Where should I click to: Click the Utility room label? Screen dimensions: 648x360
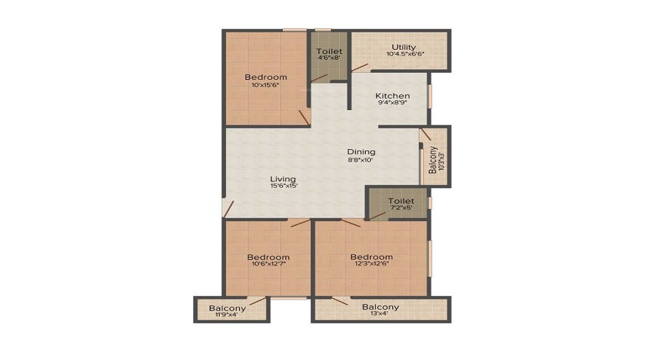pos(404,47)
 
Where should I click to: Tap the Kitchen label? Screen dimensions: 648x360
pos(392,96)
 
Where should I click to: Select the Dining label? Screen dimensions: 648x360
pos(361,152)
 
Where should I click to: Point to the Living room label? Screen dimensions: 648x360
pos(283,179)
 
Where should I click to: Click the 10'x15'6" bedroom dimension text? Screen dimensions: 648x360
pos(265,85)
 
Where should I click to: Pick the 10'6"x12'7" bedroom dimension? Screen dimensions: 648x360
pos(269,264)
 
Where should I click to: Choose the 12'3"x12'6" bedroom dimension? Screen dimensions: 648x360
pos(372,264)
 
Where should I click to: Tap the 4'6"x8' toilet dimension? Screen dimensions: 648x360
pos(329,58)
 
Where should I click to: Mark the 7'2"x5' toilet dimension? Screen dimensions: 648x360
pos(401,207)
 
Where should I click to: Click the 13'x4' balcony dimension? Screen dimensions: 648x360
pos(380,313)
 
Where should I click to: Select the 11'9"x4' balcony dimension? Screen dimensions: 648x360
pos(227,315)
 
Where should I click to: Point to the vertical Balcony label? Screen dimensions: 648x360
pos(433,160)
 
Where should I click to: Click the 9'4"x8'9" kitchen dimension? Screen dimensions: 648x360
pos(392,102)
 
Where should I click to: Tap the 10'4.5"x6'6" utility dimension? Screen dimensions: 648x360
pos(405,54)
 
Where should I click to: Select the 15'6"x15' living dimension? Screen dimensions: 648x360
pos(284,186)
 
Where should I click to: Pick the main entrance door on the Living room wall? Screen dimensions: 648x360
pos(228,209)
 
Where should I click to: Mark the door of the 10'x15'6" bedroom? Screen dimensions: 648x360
pos(304,117)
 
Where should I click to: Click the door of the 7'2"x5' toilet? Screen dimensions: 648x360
pos(377,216)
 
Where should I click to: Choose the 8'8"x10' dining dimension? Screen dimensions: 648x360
pos(361,159)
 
